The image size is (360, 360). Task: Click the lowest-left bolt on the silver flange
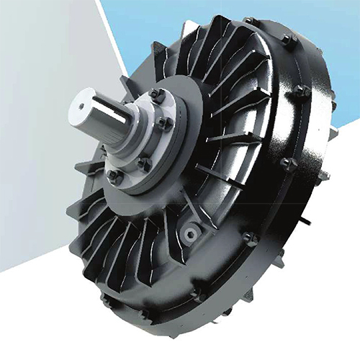[x=113, y=174]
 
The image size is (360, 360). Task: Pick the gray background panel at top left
[x=36, y=108]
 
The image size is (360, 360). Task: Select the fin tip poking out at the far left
[x=71, y=210]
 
